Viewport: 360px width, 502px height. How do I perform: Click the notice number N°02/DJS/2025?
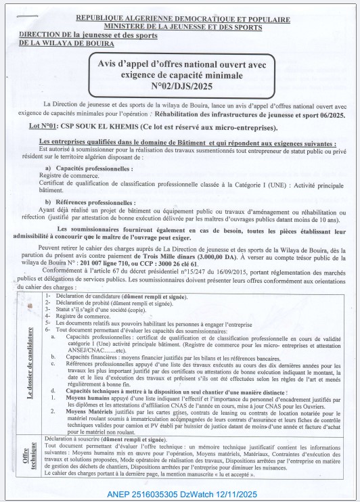(x=183, y=86)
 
